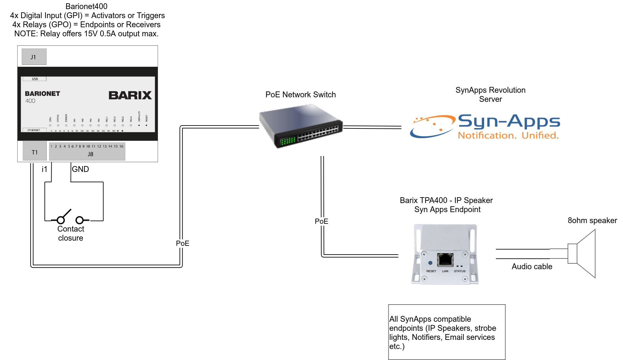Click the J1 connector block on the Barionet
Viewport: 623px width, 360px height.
pos(34,57)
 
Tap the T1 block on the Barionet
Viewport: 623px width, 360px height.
pos(35,152)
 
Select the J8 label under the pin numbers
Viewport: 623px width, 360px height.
pos(91,154)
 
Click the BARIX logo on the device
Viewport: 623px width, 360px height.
pos(130,95)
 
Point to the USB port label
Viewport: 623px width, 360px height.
pos(35,79)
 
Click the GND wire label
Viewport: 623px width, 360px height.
pos(80,169)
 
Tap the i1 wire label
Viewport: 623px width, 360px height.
pos(44,169)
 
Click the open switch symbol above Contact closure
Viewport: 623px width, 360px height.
pos(70,217)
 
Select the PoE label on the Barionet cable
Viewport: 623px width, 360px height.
pos(182,243)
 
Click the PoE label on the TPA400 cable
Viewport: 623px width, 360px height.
pos(321,221)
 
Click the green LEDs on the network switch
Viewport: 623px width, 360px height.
pos(288,140)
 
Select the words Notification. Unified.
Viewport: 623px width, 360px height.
pos(508,135)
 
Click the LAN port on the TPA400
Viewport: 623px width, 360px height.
pos(445,259)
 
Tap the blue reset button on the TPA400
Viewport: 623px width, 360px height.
pos(430,263)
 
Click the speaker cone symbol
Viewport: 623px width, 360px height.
pos(584,254)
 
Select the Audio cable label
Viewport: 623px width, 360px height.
pos(532,267)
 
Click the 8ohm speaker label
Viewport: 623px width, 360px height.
pos(592,221)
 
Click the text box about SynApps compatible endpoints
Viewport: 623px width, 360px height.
pos(446,332)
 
